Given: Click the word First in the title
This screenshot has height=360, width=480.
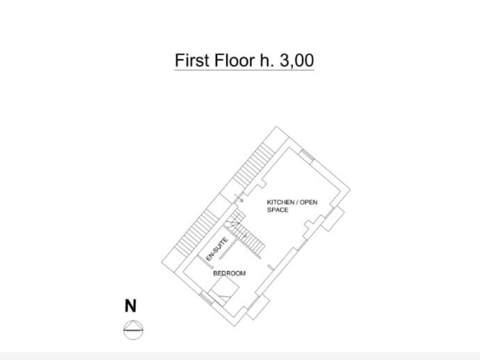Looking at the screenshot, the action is (x=192, y=60).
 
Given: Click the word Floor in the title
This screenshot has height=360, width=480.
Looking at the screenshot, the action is (x=234, y=60).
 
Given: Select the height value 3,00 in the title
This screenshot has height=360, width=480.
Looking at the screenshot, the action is (x=297, y=60).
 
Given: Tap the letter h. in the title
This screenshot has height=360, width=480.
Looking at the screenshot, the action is (x=267, y=60).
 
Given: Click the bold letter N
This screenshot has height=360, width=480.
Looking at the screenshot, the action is (x=130, y=306).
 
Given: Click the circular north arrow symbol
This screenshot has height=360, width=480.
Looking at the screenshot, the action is (x=133, y=330).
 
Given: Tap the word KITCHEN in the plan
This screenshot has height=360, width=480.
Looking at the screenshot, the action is (x=280, y=202).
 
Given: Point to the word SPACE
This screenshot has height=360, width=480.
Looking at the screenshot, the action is (x=277, y=210).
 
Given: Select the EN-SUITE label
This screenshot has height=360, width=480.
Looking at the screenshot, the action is (x=217, y=249).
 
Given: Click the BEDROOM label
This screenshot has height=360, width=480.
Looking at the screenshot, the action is (x=229, y=273).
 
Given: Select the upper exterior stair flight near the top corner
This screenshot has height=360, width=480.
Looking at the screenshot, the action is (x=254, y=165).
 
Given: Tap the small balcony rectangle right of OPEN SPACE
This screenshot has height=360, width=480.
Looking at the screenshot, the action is (x=333, y=218).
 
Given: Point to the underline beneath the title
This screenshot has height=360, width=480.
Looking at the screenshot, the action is (x=244, y=70).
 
